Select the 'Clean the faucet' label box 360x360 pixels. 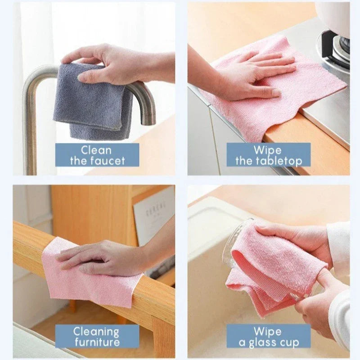click(x=97, y=155)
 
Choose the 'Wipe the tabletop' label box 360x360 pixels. click(x=268, y=155)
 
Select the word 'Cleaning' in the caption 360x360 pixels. click(x=97, y=332)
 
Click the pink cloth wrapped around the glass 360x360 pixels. click(x=270, y=265)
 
